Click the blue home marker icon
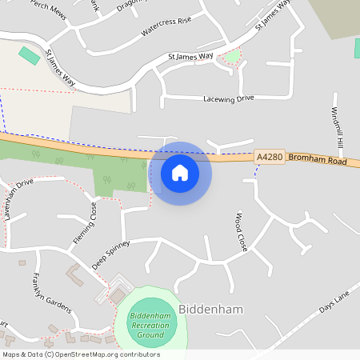tap(180, 172)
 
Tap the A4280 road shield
tap(270, 158)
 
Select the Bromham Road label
tap(318, 161)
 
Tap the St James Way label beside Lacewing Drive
tap(190, 57)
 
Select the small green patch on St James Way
tap(232, 56)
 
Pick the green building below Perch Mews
tap(29, 57)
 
